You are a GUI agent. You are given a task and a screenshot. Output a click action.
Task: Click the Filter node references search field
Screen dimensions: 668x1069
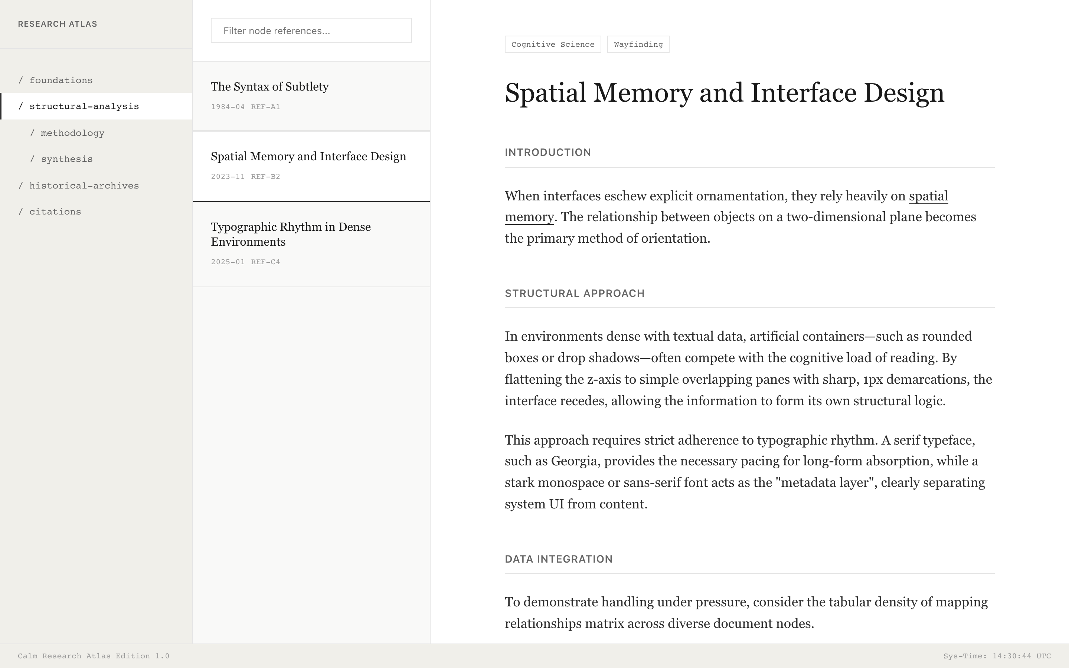coord(311,30)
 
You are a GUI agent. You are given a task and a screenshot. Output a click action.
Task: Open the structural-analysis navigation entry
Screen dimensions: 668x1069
coord(84,107)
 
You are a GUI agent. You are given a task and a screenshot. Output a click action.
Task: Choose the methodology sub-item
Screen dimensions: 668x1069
coord(72,133)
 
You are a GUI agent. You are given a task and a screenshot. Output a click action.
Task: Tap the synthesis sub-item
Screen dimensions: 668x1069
coord(67,159)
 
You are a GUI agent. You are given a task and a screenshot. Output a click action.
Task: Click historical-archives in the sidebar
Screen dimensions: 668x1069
coord(84,186)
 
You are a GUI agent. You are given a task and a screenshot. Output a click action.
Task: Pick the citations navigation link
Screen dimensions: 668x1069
coord(55,212)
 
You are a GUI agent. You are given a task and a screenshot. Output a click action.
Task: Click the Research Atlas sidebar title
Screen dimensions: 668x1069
coord(58,24)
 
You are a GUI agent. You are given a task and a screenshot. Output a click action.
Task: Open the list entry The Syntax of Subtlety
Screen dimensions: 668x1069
coord(269,86)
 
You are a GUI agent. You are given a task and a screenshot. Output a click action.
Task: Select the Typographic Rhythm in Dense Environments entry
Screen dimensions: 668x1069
coord(291,234)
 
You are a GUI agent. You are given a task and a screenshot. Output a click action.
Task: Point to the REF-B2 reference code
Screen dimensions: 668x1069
coord(265,177)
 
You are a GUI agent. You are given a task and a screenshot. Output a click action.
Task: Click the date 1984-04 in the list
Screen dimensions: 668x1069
coord(228,107)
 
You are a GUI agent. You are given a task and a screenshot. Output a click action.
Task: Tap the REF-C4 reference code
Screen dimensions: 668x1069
coord(265,262)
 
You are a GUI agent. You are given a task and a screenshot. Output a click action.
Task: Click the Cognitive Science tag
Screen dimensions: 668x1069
coord(553,44)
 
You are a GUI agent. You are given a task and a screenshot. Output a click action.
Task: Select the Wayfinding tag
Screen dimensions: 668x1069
coord(638,44)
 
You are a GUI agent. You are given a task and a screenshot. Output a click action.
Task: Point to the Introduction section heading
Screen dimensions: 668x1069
coord(548,153)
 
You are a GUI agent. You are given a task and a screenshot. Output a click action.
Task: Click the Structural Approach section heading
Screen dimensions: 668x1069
coord(574,293)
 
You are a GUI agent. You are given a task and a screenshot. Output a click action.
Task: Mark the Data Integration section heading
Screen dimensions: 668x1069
coord(558,559)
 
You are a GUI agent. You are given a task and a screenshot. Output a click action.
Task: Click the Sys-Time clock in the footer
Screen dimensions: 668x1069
coord(997,656)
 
